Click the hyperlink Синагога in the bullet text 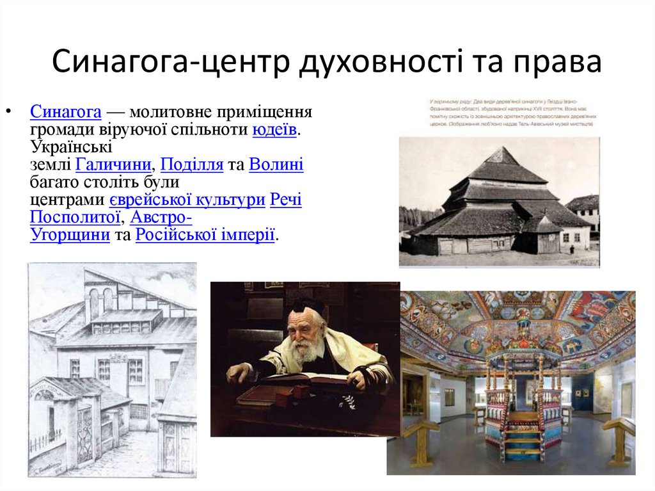tap(66, 113)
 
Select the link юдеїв tap(274, 131)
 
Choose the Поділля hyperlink tap(192, 165)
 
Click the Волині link tap(276, 165)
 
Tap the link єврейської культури tap(187, 200)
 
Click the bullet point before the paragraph tap(8, 113)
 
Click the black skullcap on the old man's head tap(309, 306)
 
